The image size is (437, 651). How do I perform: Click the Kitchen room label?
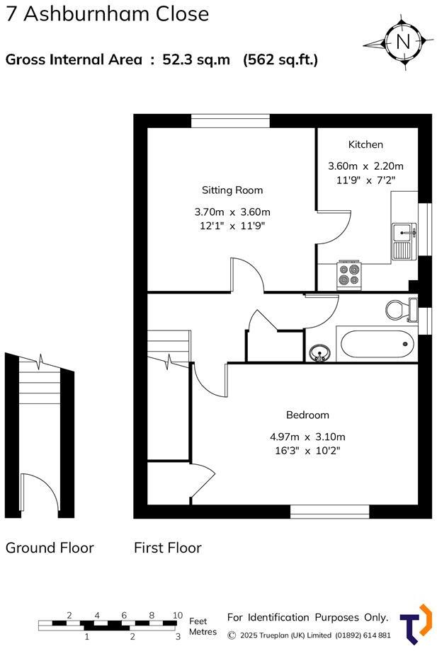click(x=365, y=144)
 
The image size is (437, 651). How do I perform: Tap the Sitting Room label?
click(x=232, y=190)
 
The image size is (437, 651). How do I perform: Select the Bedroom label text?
click(x=307, y=415)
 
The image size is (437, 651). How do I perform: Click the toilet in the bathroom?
click(x=402, y=309)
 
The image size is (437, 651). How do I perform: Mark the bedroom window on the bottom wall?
click(x=330, y=511)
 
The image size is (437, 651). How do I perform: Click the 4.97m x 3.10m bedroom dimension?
click(x=307, y=436)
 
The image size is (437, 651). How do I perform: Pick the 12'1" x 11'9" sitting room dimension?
click(x=232, y=226)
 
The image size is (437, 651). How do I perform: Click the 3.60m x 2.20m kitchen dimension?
click(x=365, y=166)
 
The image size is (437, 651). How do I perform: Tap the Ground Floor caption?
click(x=50, y=548)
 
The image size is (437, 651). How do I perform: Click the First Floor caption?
click(x=168, y=548)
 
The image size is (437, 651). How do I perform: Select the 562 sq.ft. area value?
click(x=280, y=59)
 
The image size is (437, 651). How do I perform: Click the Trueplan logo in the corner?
click(x=415, y=623)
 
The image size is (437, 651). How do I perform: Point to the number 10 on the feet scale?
click(x=177, y=616)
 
